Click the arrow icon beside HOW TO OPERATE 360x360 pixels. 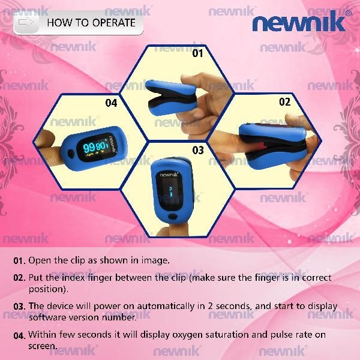click(26, 22)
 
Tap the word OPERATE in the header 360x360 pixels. click(114, 23)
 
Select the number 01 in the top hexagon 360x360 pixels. click(197, 53)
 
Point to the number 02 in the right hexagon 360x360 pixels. click(284, 102)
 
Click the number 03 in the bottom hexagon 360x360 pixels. click(198, 150)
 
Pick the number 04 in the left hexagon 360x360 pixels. click(111, 103)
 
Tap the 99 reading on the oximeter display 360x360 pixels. click(89, 148)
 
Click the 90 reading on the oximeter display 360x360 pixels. click(101, 146)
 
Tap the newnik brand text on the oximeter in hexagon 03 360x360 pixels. click(169, 175)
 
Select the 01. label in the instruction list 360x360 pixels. click(20, 261)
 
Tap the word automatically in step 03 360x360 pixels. click(166, 307)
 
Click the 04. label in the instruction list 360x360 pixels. click(19, 335)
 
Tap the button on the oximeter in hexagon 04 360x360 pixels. click(71, 153)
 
